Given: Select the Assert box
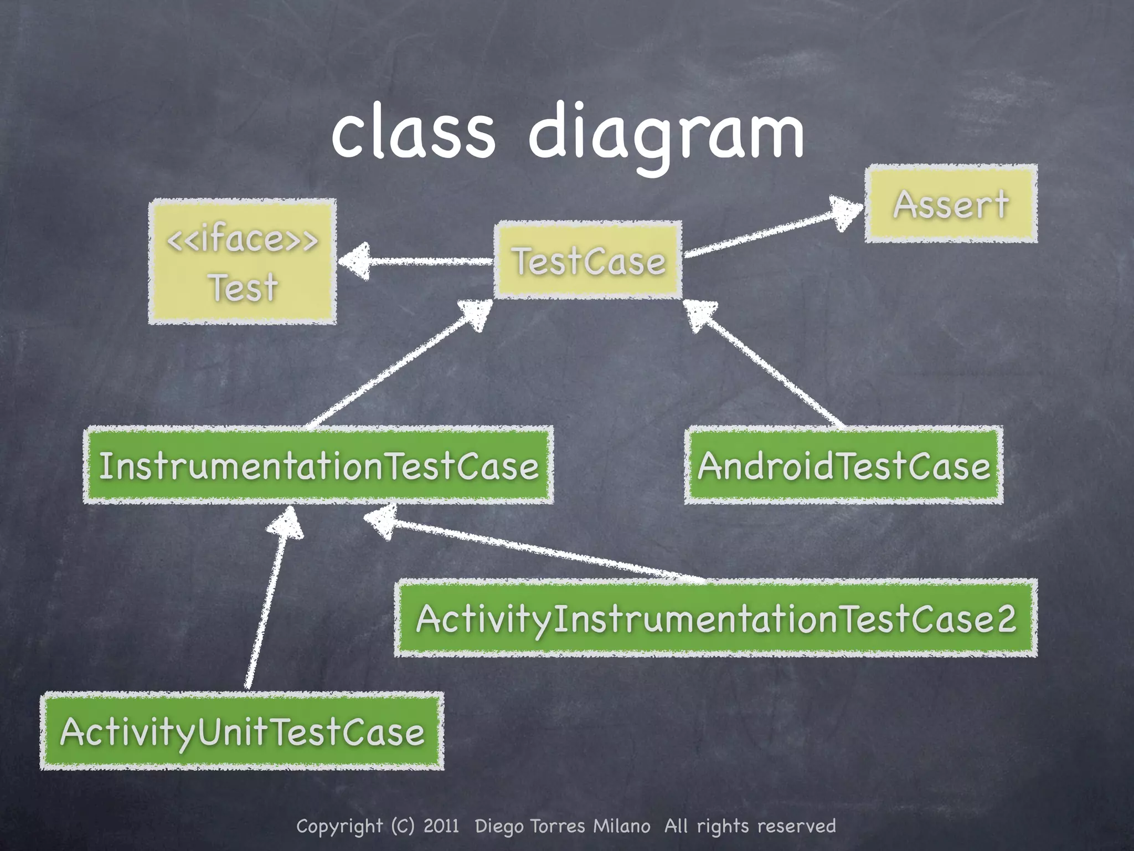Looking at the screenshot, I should (951, 204).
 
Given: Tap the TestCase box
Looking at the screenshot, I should (588, 260).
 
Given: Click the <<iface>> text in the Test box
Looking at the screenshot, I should (243, 239).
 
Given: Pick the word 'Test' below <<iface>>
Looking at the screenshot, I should (243, 287).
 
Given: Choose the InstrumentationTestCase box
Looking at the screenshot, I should (318, 465).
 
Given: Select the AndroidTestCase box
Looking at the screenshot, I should (844, 465).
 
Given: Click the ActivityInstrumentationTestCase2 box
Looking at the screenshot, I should (715, 618).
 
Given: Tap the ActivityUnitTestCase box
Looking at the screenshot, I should (242, 731).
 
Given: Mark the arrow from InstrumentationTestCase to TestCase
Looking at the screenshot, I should (396, 366).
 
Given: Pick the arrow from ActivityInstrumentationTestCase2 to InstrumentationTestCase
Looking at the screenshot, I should (532, 548).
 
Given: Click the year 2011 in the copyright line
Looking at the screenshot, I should (441, 826).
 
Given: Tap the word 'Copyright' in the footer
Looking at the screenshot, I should (339, 826).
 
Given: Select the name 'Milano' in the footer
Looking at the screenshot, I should (621, 826).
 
